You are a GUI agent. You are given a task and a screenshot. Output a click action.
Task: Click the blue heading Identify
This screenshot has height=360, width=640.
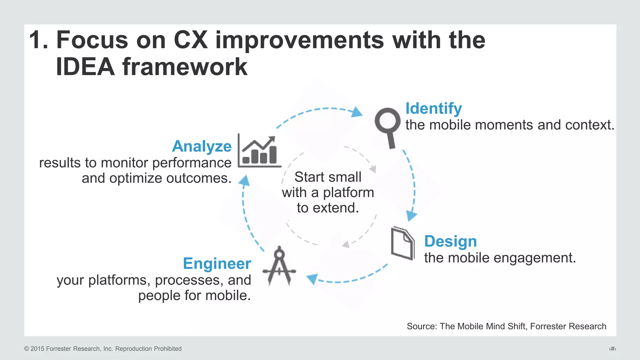click(433, 109)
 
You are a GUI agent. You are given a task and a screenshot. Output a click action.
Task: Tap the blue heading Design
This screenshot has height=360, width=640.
click(450, 241)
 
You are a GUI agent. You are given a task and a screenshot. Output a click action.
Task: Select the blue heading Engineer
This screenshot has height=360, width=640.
click(217, 263)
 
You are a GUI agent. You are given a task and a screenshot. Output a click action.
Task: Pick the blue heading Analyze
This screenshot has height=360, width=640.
click(202, 146)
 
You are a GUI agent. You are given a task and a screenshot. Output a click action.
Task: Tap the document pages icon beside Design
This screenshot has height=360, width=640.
click(402, 243)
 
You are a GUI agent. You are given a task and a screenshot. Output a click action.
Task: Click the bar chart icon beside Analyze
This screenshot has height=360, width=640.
click(259, 151)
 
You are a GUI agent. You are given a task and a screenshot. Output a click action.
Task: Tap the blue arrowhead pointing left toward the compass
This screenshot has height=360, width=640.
click(312, 278)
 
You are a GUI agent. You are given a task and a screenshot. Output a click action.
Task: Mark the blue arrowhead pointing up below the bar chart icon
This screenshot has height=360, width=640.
click(245, 181)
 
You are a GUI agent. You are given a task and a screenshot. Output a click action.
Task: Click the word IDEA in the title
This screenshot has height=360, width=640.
click(85, 67)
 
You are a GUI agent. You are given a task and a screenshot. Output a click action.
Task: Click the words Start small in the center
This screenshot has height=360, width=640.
click(328, 177)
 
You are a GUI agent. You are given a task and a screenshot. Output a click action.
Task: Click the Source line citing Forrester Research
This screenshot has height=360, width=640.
click(506, 326)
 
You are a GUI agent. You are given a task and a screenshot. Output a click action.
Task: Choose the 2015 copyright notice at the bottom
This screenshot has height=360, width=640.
click(103, 349)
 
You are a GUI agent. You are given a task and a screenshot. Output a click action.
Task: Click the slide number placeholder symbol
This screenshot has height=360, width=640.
click(612, 349)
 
